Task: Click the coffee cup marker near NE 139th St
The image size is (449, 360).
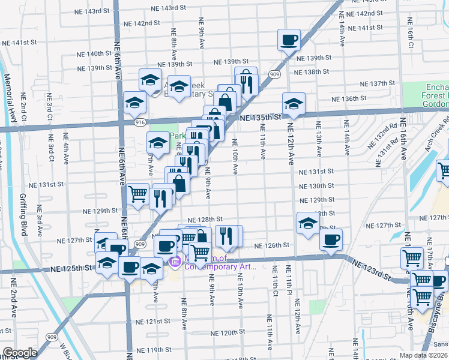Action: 288,40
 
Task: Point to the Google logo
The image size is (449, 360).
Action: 19,353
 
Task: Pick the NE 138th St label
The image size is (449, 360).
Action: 316,72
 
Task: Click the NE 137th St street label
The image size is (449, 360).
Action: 376,83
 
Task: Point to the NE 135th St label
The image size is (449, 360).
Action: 261,118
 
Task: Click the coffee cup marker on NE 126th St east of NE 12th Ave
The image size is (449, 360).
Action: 330,240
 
